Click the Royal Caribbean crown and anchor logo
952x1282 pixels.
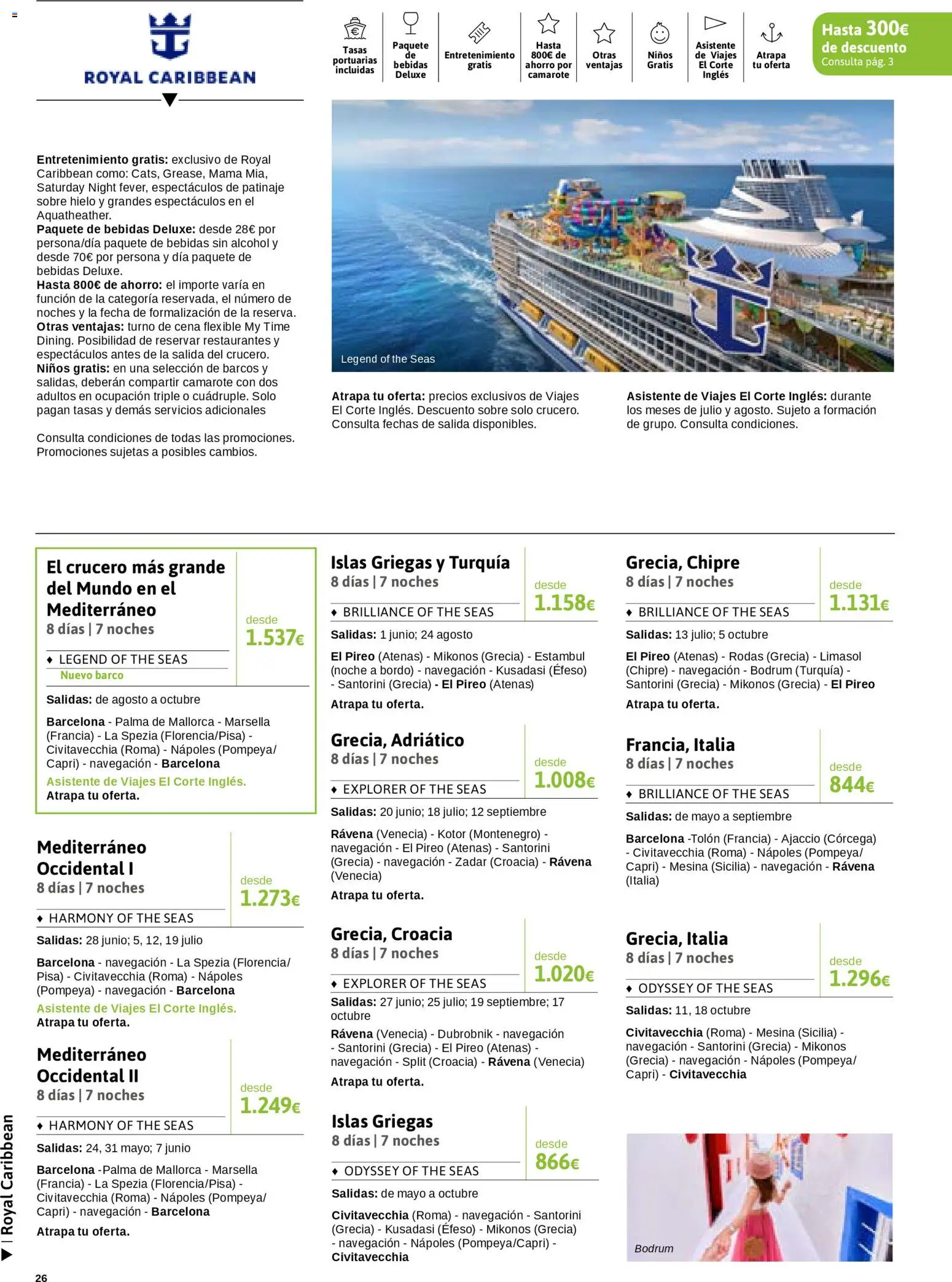[170, 37]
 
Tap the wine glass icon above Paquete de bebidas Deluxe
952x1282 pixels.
[410, 23]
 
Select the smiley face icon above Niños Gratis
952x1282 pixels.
[660, 33]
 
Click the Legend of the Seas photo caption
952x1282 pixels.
[388, 359]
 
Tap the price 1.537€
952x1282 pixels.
[275, 638]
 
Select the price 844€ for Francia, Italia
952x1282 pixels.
[851, 785]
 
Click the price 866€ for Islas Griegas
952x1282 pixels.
[557, 1162]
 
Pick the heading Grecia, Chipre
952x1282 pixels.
[682, 562]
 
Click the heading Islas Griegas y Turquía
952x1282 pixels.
[420, 562]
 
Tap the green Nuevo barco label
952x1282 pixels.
[92, 675]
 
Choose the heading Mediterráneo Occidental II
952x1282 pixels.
[92, 1065]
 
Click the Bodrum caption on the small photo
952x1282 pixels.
[654, 1248]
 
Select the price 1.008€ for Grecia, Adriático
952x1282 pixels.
[564, 780]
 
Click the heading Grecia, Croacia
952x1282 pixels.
[391, 934]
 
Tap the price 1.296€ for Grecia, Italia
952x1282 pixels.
[859, 979]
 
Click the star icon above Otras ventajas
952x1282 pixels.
[604, 33]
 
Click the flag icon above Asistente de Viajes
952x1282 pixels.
[715, 23]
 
